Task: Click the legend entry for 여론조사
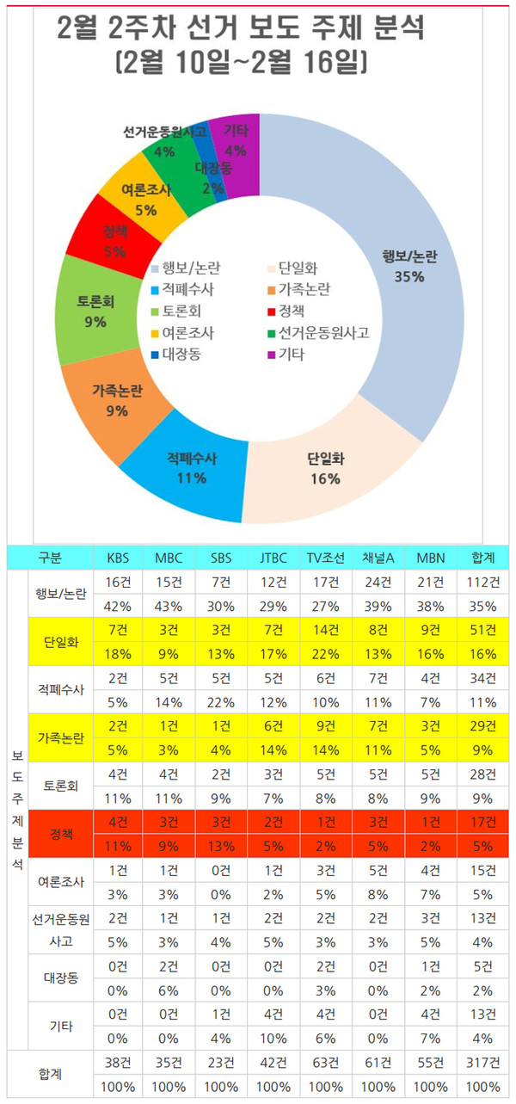coord(185,332)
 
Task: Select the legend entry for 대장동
coord(181,354)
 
